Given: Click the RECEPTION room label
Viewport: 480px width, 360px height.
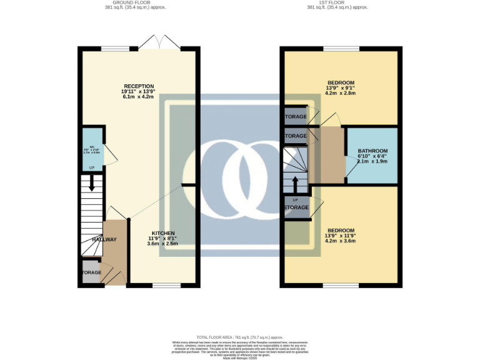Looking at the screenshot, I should [138, 86].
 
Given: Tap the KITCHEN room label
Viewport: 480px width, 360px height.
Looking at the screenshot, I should [162, 232].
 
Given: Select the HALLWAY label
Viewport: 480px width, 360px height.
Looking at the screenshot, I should [104, 239].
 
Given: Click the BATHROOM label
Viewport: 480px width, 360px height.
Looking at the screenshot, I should [372, 151].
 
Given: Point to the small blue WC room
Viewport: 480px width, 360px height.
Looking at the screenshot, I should [92, 152].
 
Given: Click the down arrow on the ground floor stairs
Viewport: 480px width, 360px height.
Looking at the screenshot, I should [92, 185].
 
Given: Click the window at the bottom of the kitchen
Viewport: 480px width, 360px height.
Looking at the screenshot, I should [166, 286].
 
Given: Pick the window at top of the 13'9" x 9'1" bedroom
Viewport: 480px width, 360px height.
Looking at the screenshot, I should [341, 49].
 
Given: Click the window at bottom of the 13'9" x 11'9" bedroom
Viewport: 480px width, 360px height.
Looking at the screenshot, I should [341, 286].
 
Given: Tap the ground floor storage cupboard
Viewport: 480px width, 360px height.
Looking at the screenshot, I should [91, 273].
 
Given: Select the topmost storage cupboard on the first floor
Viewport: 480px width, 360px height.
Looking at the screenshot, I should [296, 117].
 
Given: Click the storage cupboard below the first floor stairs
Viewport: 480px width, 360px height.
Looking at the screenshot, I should [296, 207].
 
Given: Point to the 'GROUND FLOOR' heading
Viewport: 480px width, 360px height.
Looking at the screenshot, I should [121, 2].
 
